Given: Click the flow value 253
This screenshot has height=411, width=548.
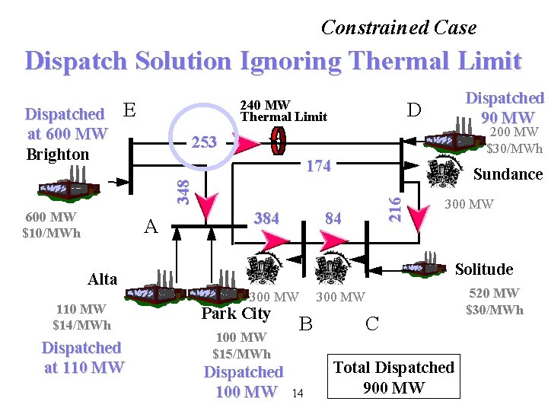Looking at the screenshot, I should click(205, 142).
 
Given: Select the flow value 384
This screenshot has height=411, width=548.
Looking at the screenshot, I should click(266, 218).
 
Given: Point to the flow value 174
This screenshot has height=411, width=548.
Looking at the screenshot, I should click(317, 166).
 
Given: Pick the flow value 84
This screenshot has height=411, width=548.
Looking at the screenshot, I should click(333, 218).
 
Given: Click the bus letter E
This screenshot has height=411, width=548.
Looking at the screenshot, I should click(129, 111).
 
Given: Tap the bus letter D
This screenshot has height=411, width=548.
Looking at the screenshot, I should click(413, 111).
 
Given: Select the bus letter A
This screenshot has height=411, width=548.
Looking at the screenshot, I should click(151, 226).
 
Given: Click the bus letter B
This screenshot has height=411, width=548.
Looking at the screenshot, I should click(305, 323).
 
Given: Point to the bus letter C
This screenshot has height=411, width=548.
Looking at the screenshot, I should click(371, 323).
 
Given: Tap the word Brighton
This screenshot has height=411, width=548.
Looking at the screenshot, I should click(57, 155).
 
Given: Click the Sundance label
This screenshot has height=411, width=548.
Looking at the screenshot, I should click(508, 174).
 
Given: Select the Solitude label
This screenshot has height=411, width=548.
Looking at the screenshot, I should click(483, 269).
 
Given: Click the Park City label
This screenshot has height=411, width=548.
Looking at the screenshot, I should click(236, 314).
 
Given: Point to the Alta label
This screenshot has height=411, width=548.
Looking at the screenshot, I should click(102, 279).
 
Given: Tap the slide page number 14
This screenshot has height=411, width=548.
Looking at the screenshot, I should click(298, 393).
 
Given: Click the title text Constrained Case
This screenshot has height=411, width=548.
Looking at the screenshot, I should click(399, 28).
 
